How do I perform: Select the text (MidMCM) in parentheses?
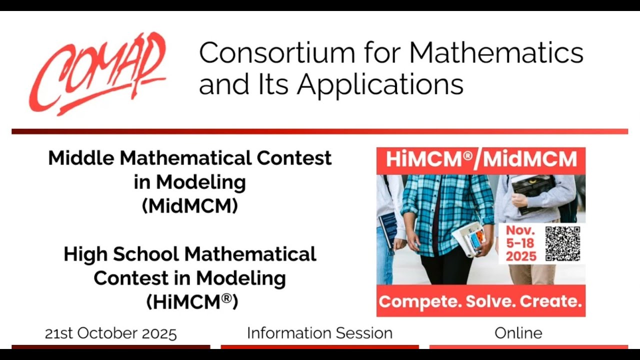pos(190,206)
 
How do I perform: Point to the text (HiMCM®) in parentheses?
pos(192,301)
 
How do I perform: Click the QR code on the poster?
pos(562,243)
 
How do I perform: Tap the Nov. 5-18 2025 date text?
pos(520,243)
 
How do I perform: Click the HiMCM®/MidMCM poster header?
pos(480,160)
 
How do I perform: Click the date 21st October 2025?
pos(110,333)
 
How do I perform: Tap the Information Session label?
pos(319,333)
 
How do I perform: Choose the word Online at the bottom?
pos(518,333)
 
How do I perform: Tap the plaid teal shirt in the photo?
pos(440,210)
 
